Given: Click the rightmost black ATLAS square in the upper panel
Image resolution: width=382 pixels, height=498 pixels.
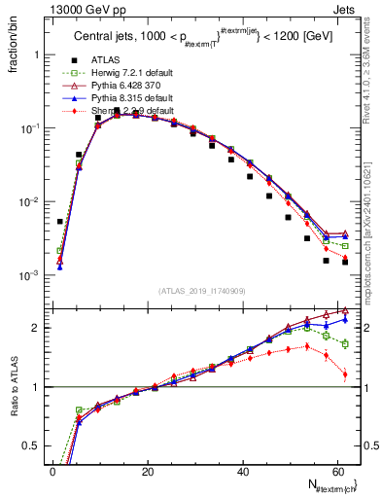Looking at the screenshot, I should [345, 262].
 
